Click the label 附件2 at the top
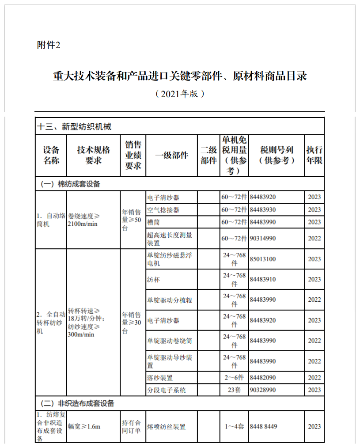click(48, 45)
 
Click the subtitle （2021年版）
click(180, 94)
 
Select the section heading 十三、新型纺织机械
click(74, 127)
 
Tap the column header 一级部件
click(171, 155)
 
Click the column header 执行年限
click(314, 155)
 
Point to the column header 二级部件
click(208, 155)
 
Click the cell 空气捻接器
click(163, 209)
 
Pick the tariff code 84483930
click(263, 209)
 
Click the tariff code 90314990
click(263, 239)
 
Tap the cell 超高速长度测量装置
click(170, 239)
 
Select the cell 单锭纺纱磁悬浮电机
click(170, 259)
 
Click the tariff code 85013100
click(263, 259)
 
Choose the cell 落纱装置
click(159, 378)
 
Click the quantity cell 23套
click(234, 390)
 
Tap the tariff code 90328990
click(263, 390)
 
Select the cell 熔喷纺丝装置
click(166, 426)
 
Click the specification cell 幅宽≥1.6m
click(84, 426)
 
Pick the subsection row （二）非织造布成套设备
click(77, 403)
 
